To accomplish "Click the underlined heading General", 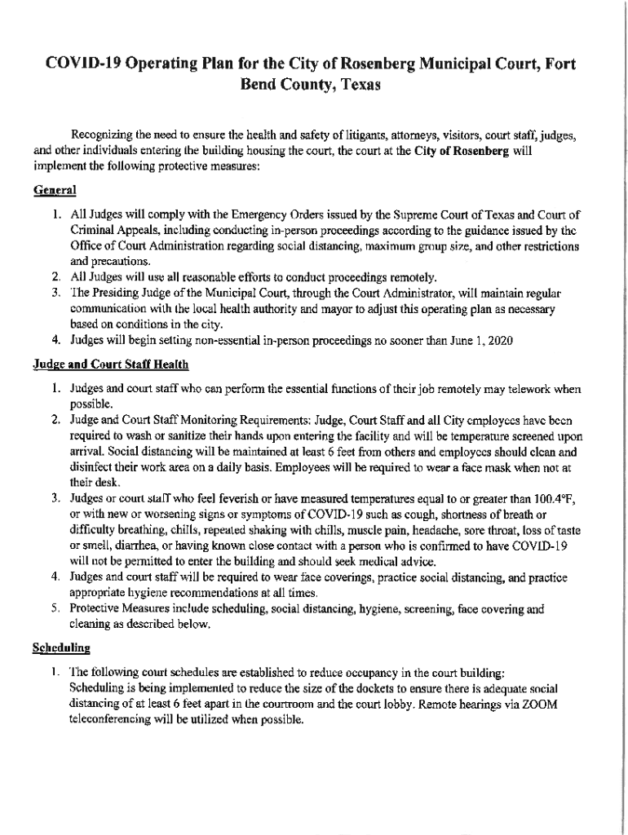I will click(x=55, y=190).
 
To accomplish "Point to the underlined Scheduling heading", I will click(x=61, y=648).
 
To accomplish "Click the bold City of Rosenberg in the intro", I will click(x=462, y=151).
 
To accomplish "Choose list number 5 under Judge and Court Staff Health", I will click(x=55, y=608).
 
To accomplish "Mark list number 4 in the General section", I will click(x=55, y=340).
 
